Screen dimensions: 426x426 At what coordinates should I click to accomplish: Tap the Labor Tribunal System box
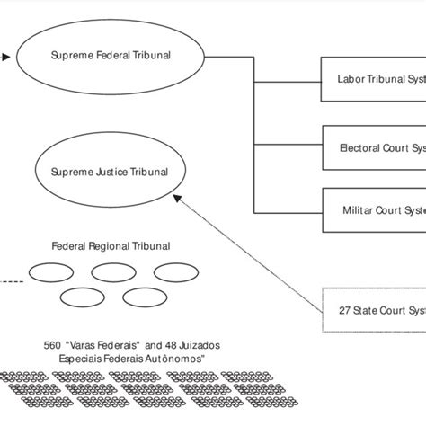click(373, 78)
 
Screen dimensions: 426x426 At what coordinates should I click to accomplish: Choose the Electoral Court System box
click(373, 147)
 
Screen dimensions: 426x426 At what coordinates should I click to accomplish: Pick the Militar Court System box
click(373, 210)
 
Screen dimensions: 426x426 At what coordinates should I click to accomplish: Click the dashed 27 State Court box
click(373, 310)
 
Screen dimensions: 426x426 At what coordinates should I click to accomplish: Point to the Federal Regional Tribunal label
click(111, 245)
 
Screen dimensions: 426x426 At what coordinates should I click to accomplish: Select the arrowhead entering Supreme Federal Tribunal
click(6, 58)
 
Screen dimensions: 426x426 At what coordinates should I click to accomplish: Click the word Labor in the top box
click(350, 78)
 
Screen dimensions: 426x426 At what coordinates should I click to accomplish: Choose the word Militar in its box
click(359, 210)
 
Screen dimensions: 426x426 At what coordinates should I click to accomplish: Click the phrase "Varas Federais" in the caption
click(105, 344)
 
